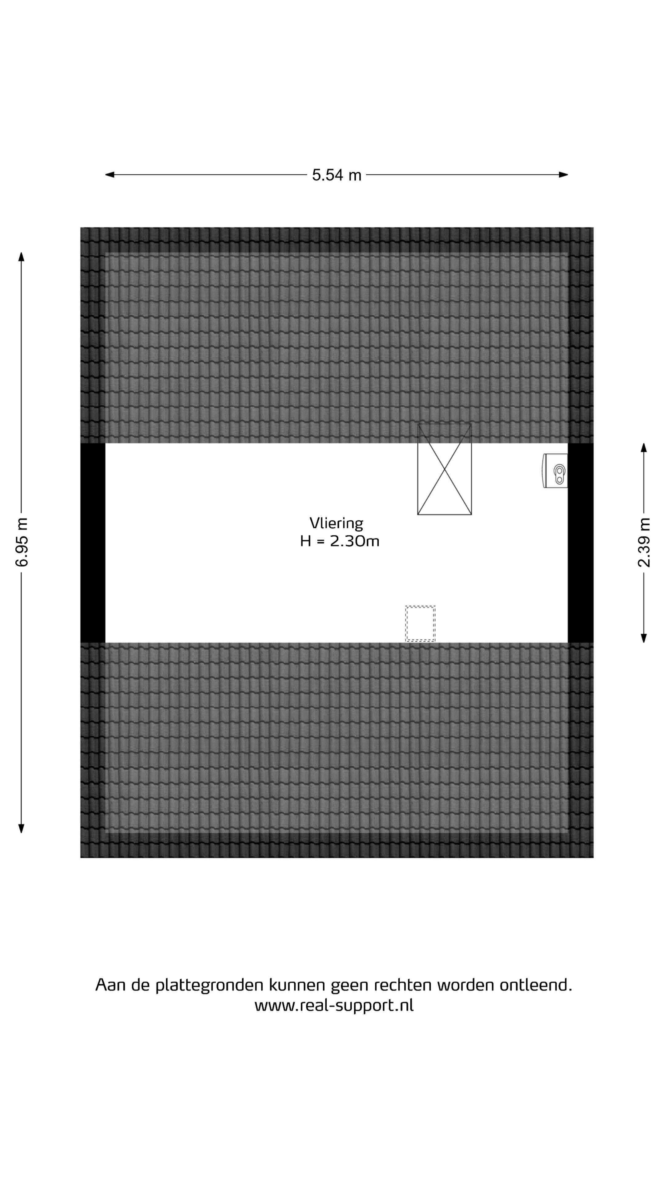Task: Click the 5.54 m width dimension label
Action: [337, 175]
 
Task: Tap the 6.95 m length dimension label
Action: [22, 542]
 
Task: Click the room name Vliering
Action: [337, 523]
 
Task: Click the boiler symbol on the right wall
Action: [555, 471]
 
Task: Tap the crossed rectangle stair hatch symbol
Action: [444, 469]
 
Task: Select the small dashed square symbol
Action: [420, 624]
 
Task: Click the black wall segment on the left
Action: [93, 543]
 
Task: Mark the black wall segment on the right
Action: [581, 543]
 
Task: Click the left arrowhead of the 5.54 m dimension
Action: [110, 174]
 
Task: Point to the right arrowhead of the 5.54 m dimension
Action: [564, 174]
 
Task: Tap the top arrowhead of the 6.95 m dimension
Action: [21, 257]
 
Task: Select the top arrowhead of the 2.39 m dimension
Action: [644, 448]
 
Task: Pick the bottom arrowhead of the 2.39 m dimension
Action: [644, 638]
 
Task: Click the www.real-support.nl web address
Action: [334, 1006]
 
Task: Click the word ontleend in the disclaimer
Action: [536, 985]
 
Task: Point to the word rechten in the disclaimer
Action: [402, 986]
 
